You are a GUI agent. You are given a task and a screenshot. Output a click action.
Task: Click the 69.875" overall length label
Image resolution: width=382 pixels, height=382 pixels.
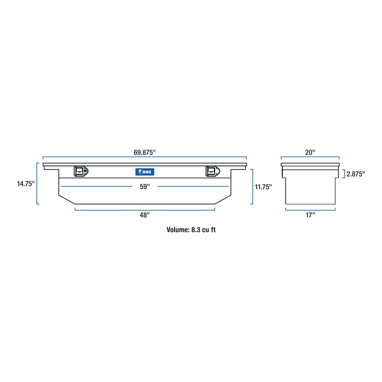pos(145,152)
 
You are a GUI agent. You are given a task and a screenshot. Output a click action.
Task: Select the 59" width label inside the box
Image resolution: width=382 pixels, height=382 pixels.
pos(145,187)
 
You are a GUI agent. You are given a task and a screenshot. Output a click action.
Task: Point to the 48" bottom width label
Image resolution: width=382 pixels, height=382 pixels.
pos(145,215)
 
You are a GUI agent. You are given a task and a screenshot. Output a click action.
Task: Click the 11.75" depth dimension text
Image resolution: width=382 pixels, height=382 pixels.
pos(264,187)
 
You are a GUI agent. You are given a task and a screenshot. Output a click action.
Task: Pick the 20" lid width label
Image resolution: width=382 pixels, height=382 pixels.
pos(310,152)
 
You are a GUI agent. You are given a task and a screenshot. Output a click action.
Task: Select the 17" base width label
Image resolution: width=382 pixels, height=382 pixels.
pos(310,215)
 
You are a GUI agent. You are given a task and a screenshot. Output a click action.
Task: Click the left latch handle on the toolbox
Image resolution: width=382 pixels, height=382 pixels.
pos(81,171)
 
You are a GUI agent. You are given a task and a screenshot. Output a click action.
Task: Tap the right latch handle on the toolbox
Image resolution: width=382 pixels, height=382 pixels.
pos(212,171)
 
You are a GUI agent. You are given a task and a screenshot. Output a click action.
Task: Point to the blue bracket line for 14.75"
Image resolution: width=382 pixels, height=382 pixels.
pos(37,183)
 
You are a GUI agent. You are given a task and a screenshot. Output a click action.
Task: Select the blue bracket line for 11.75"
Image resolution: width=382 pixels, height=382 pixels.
pos(252,187)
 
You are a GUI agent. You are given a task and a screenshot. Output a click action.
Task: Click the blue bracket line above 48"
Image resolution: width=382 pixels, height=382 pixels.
pos(145,209)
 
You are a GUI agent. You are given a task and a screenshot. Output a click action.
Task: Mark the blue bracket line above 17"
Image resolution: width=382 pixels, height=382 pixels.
pos(310,209)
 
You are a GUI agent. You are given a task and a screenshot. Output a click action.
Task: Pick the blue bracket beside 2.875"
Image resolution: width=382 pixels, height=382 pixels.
pos(343,174)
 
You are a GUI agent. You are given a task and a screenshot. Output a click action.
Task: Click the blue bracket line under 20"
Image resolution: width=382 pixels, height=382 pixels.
pos(310,158)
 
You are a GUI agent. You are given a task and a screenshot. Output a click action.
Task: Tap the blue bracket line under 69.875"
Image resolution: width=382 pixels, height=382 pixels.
pos(145,158)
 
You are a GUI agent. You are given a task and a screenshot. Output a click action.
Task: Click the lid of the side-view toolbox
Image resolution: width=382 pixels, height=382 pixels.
pos(310,165)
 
